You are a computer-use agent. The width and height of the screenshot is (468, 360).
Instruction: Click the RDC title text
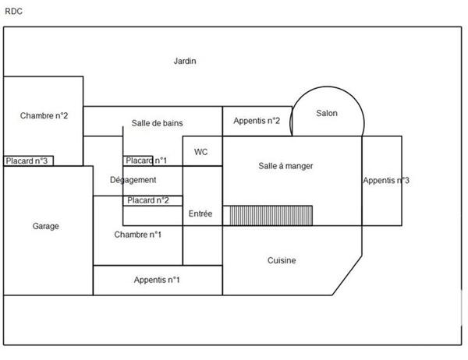(13, 12)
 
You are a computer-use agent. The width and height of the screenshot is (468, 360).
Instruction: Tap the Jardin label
(185, 61)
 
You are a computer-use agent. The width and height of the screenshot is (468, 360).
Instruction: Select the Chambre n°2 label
(44, 115)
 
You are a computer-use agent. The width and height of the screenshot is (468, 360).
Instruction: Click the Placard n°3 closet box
(28, 161)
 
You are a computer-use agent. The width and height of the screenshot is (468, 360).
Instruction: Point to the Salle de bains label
(157, 123)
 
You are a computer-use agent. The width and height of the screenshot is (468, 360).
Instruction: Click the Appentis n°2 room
(257, 121)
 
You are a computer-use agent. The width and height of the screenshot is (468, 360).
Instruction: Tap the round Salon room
(328, 111)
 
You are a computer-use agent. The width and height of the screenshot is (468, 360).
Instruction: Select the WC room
(202, 151)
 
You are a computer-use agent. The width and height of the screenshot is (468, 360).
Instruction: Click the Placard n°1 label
(147, 161)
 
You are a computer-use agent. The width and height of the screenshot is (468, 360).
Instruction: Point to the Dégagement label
(133, 180)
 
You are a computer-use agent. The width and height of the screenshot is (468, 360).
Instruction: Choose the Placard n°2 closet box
(153, 200)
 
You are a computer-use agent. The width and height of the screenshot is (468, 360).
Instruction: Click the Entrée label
(200, 214)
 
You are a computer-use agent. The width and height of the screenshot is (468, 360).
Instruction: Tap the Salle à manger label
(285, 166)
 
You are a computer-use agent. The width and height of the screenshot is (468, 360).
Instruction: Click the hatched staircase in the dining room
(271, 215)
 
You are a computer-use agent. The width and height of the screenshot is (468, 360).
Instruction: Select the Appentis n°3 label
(386, 180)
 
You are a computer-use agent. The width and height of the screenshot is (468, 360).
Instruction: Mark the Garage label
(46, 226)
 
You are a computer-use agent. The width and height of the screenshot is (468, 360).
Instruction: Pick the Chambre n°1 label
(137, 235)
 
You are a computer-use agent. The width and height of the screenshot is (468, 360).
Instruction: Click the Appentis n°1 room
(158, 280)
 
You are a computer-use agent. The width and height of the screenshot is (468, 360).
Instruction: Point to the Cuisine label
(282, 260)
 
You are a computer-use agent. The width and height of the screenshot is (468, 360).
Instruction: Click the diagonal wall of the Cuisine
(347, 275)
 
